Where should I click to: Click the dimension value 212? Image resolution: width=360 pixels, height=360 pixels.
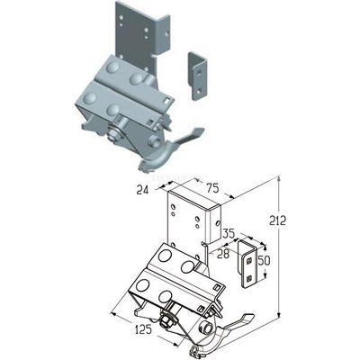[x=277, y=221]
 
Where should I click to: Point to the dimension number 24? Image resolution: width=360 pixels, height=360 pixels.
[x=142, y=190]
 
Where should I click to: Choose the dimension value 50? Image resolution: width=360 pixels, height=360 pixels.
[x=263, y=261]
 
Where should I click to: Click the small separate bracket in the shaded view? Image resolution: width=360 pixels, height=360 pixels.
[x=196, y=76]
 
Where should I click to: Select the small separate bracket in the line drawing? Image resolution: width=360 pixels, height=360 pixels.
[x=247, y=264]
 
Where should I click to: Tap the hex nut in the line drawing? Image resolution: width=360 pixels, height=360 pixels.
[x=166, y=322]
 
